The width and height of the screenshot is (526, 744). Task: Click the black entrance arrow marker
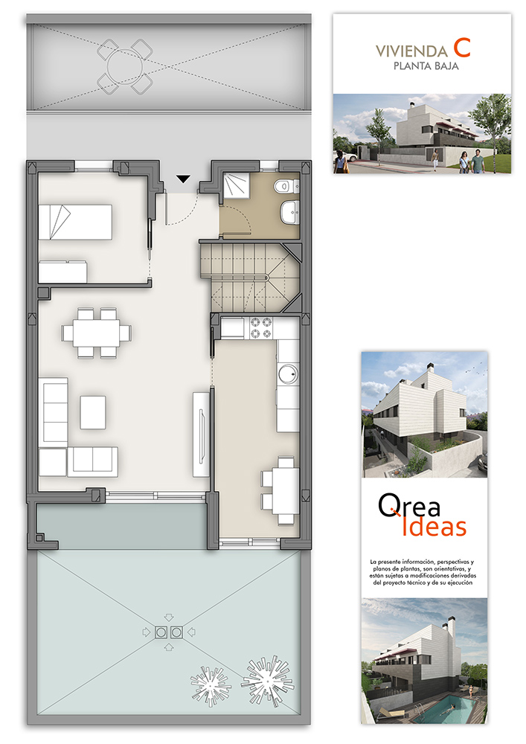(x=183, y=179)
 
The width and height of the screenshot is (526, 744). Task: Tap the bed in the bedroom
(x=75, y=222)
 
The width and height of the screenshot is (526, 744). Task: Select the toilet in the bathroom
(x=286, y=186)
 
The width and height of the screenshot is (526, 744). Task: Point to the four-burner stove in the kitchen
(x=261, y=328)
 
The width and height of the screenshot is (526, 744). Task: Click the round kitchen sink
(x=288, y=374)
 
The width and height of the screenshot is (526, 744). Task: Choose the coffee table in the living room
(x=93, y=412)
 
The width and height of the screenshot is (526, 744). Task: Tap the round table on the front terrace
(x=125, y=67)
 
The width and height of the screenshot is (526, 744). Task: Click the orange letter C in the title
(x=461, y=48)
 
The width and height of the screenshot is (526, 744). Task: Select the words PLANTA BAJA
(x=426, y=66)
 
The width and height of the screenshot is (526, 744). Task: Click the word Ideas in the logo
(x=434, y=526)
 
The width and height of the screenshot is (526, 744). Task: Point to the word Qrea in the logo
(x=409, y=505)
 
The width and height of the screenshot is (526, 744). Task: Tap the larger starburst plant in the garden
(x=267, y=681)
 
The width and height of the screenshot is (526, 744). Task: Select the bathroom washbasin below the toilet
(x=289, y=211)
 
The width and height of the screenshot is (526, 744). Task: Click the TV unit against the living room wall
(x=201, y=434)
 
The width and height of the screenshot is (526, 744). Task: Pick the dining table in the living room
(x=97, y=333)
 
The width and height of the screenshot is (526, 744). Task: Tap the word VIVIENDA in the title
(x=411, y=51)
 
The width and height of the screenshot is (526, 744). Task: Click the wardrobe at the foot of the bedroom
(x=62, y=272)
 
